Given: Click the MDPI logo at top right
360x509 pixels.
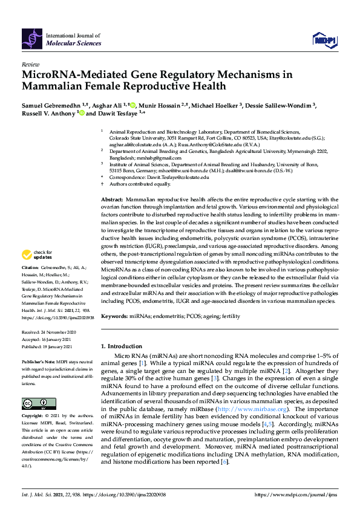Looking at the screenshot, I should (324, 40).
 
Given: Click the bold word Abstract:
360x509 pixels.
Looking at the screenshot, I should (112, 199).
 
